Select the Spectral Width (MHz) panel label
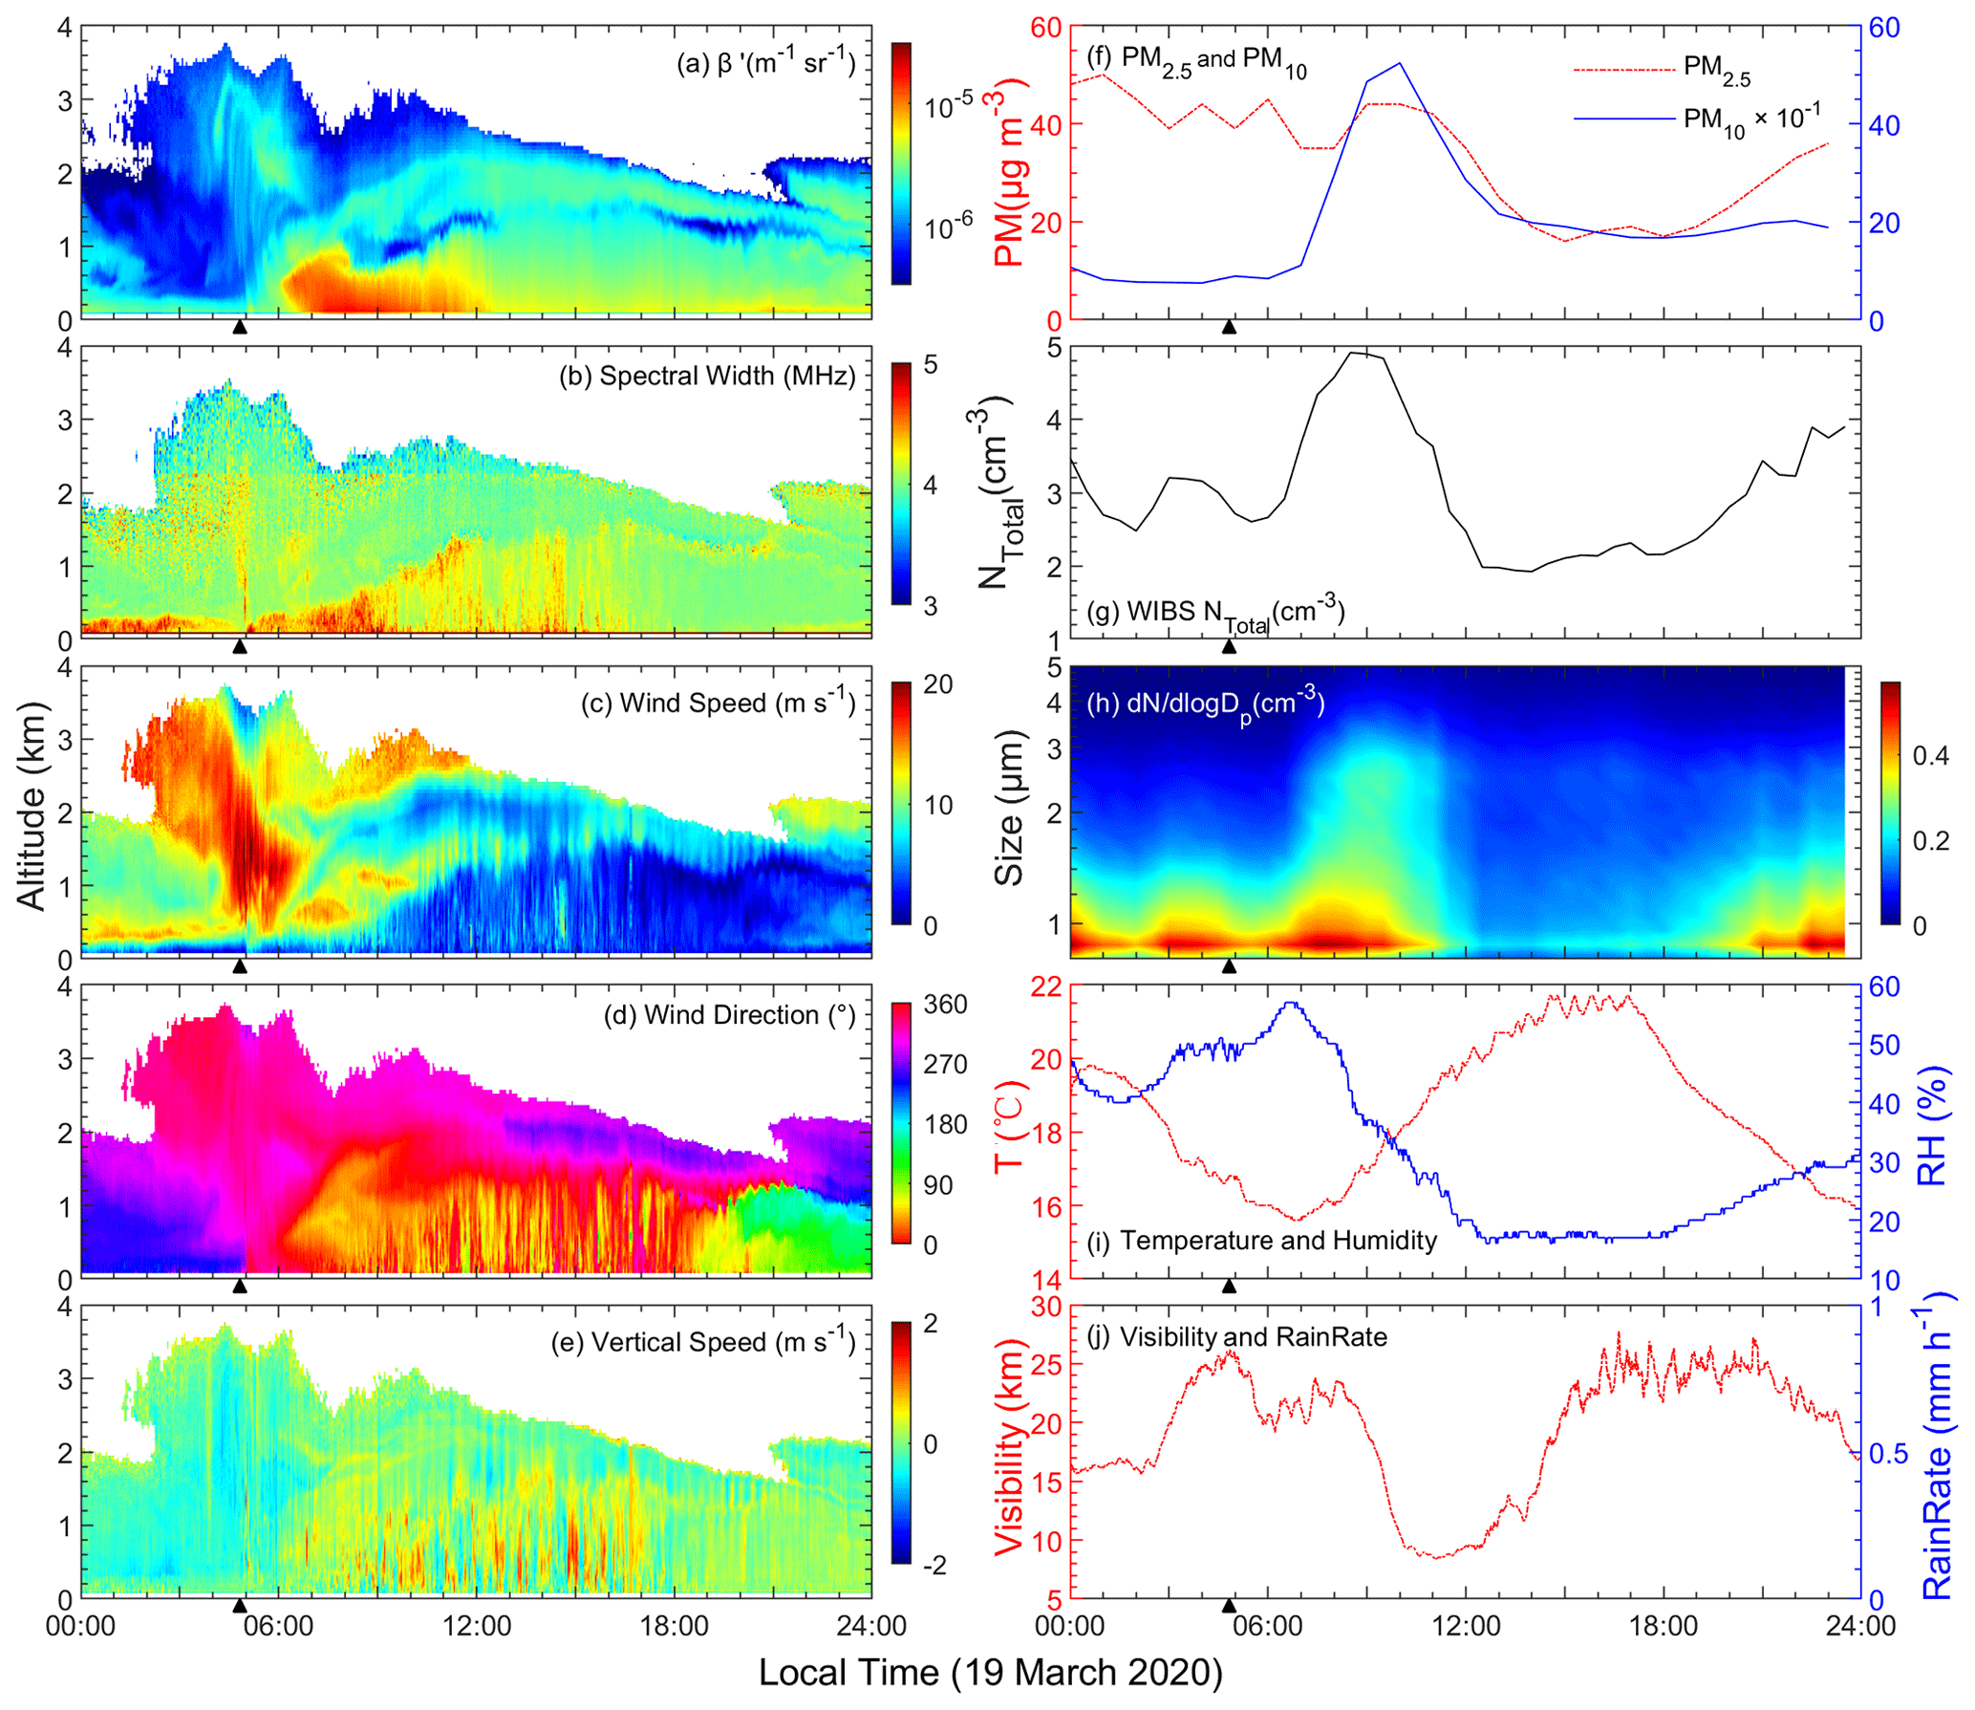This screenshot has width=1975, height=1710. [707, 376]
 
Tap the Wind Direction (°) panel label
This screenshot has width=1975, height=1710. [730, 1015]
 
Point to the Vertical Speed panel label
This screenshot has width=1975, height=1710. [703, 1342]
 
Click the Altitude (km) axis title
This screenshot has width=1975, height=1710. [31, 806]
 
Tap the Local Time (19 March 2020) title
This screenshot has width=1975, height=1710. [990, 1673]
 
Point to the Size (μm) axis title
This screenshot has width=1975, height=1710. [1009, 809]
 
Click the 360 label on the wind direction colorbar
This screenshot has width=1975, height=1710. [945, 1005]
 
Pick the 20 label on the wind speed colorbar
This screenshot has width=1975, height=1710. [938, 684]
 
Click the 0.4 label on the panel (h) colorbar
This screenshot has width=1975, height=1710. [1930, 756]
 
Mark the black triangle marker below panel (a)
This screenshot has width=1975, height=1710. [240, 327]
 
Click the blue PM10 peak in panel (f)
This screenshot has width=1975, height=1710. [1399, 64]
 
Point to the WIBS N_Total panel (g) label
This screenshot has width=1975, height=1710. [1215, 612]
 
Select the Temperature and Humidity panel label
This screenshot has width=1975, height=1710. [1261, 1241]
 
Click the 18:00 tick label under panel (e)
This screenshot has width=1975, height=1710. [675, 1626]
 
